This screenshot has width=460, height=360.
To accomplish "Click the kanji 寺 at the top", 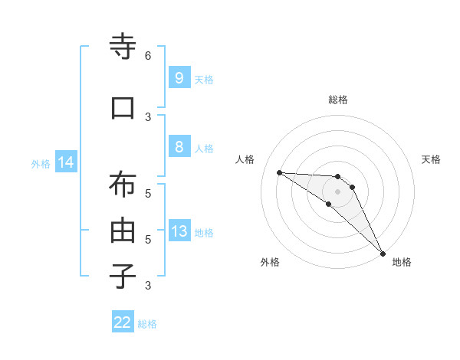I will pos(123,47).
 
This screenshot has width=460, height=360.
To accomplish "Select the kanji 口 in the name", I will pos(123,108).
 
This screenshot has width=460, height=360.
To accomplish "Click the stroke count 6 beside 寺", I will pos(148,56).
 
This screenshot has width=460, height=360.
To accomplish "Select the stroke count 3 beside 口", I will pos(148,116).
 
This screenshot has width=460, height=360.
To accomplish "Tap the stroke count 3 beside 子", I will pos(148,286).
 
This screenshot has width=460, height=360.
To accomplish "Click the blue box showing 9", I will pos(179,78).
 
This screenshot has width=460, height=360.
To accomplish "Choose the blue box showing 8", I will pos(179,147).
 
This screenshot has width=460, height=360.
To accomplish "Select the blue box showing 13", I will pos(179,231).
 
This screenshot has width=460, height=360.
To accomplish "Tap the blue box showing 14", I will pos(66,162).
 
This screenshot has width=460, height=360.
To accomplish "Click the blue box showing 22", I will pos(123,322).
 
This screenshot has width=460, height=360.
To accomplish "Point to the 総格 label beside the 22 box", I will pos(147,324).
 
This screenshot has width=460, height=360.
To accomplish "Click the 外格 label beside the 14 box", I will pos(41,163).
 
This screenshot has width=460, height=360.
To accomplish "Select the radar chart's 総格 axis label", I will pos(338,100).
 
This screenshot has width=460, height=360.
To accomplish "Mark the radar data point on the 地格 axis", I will pos(383,252).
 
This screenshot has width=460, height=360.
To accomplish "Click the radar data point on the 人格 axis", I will pos(279,172).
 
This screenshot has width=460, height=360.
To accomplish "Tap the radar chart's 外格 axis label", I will pos(270,263).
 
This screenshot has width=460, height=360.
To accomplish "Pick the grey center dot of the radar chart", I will pos(338,191).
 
